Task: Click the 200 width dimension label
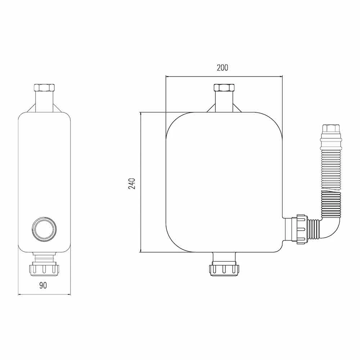(x=222, y=68)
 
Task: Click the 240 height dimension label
(x=132, y=184)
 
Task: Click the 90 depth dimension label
(x=43, y=285)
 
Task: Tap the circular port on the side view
(x=44, y=228)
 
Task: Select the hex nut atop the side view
(x=44, y=87)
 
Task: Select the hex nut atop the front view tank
(x=224, y=87)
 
